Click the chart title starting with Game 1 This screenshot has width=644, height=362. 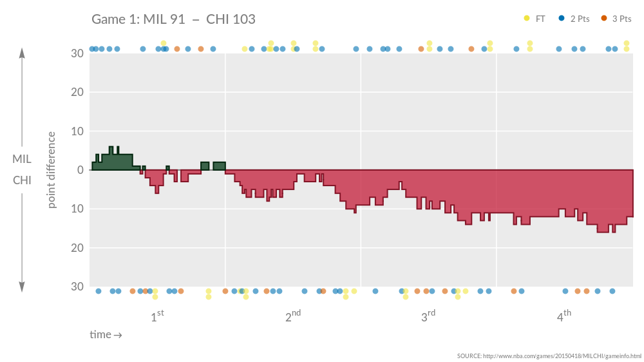[x=173, y=19]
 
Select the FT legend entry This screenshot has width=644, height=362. [x=535, y=19]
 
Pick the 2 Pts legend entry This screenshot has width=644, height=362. [x=575, y=19]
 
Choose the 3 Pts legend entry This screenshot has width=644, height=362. [x=616, y=19]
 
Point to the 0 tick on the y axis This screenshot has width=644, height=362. [x=80, y=170]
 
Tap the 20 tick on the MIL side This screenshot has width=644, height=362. [x=77, y=92]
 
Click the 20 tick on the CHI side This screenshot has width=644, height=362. [x=77, y=247]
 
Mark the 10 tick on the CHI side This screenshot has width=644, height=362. [x=77, y=209]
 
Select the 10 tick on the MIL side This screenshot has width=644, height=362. [x=77, y=131]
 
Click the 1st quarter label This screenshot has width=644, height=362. [x=157, y=316]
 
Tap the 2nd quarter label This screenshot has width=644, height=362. [x=293, y=316]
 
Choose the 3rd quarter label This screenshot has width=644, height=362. [x=428, y=316]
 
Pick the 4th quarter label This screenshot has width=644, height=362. [x=564, y=316]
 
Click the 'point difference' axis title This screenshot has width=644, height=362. [x=52, y=170]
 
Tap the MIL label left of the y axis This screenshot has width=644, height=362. [x=22, y=159]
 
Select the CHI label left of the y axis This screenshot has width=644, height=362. [x=22, y=180]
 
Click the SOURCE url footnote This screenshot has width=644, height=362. [x=549, y=356]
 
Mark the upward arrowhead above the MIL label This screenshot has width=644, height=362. [x=22, y=53]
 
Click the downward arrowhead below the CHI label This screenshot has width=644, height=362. [x=22, y=287]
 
